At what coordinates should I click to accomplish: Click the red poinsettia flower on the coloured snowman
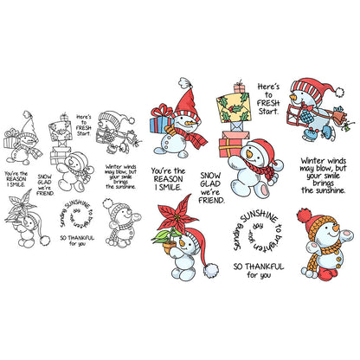pos(176,215)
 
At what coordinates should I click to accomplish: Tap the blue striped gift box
pos(160,123)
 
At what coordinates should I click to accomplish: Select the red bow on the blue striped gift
pos(163,111)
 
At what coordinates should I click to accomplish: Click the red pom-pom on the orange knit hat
pos(303,215)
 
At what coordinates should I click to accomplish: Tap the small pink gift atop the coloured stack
pos(239,87)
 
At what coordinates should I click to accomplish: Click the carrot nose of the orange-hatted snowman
pos(336,228)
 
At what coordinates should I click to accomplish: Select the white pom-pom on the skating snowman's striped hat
pos(339,93)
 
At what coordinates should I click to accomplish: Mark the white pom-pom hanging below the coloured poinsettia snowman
pos(211,270)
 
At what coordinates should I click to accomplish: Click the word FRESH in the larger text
pos(268,103)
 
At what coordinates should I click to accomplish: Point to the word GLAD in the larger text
pos(210,183)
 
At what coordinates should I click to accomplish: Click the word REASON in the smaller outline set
pos(16,179)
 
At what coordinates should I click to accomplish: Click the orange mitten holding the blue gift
pos(170,131)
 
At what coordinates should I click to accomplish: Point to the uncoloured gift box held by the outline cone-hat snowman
pos(10,142)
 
